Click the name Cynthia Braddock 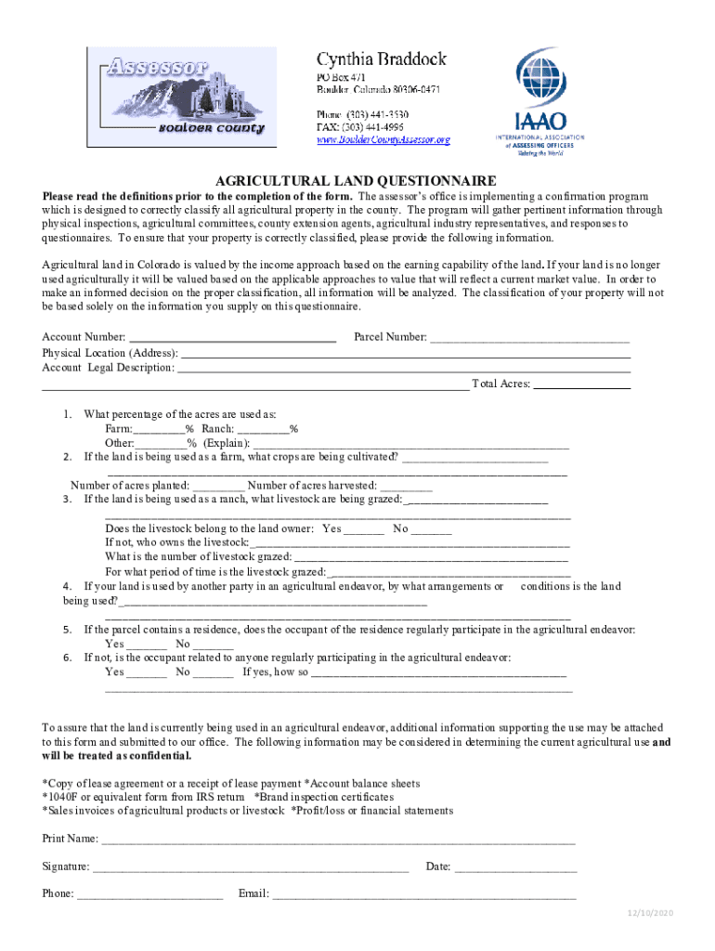382,59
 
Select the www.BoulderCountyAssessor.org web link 383,140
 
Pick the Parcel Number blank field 529,338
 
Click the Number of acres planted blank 219,486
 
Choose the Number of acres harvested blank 406,486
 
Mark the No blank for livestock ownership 431,529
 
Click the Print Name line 338,840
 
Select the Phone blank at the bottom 149,895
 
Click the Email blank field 423,895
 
